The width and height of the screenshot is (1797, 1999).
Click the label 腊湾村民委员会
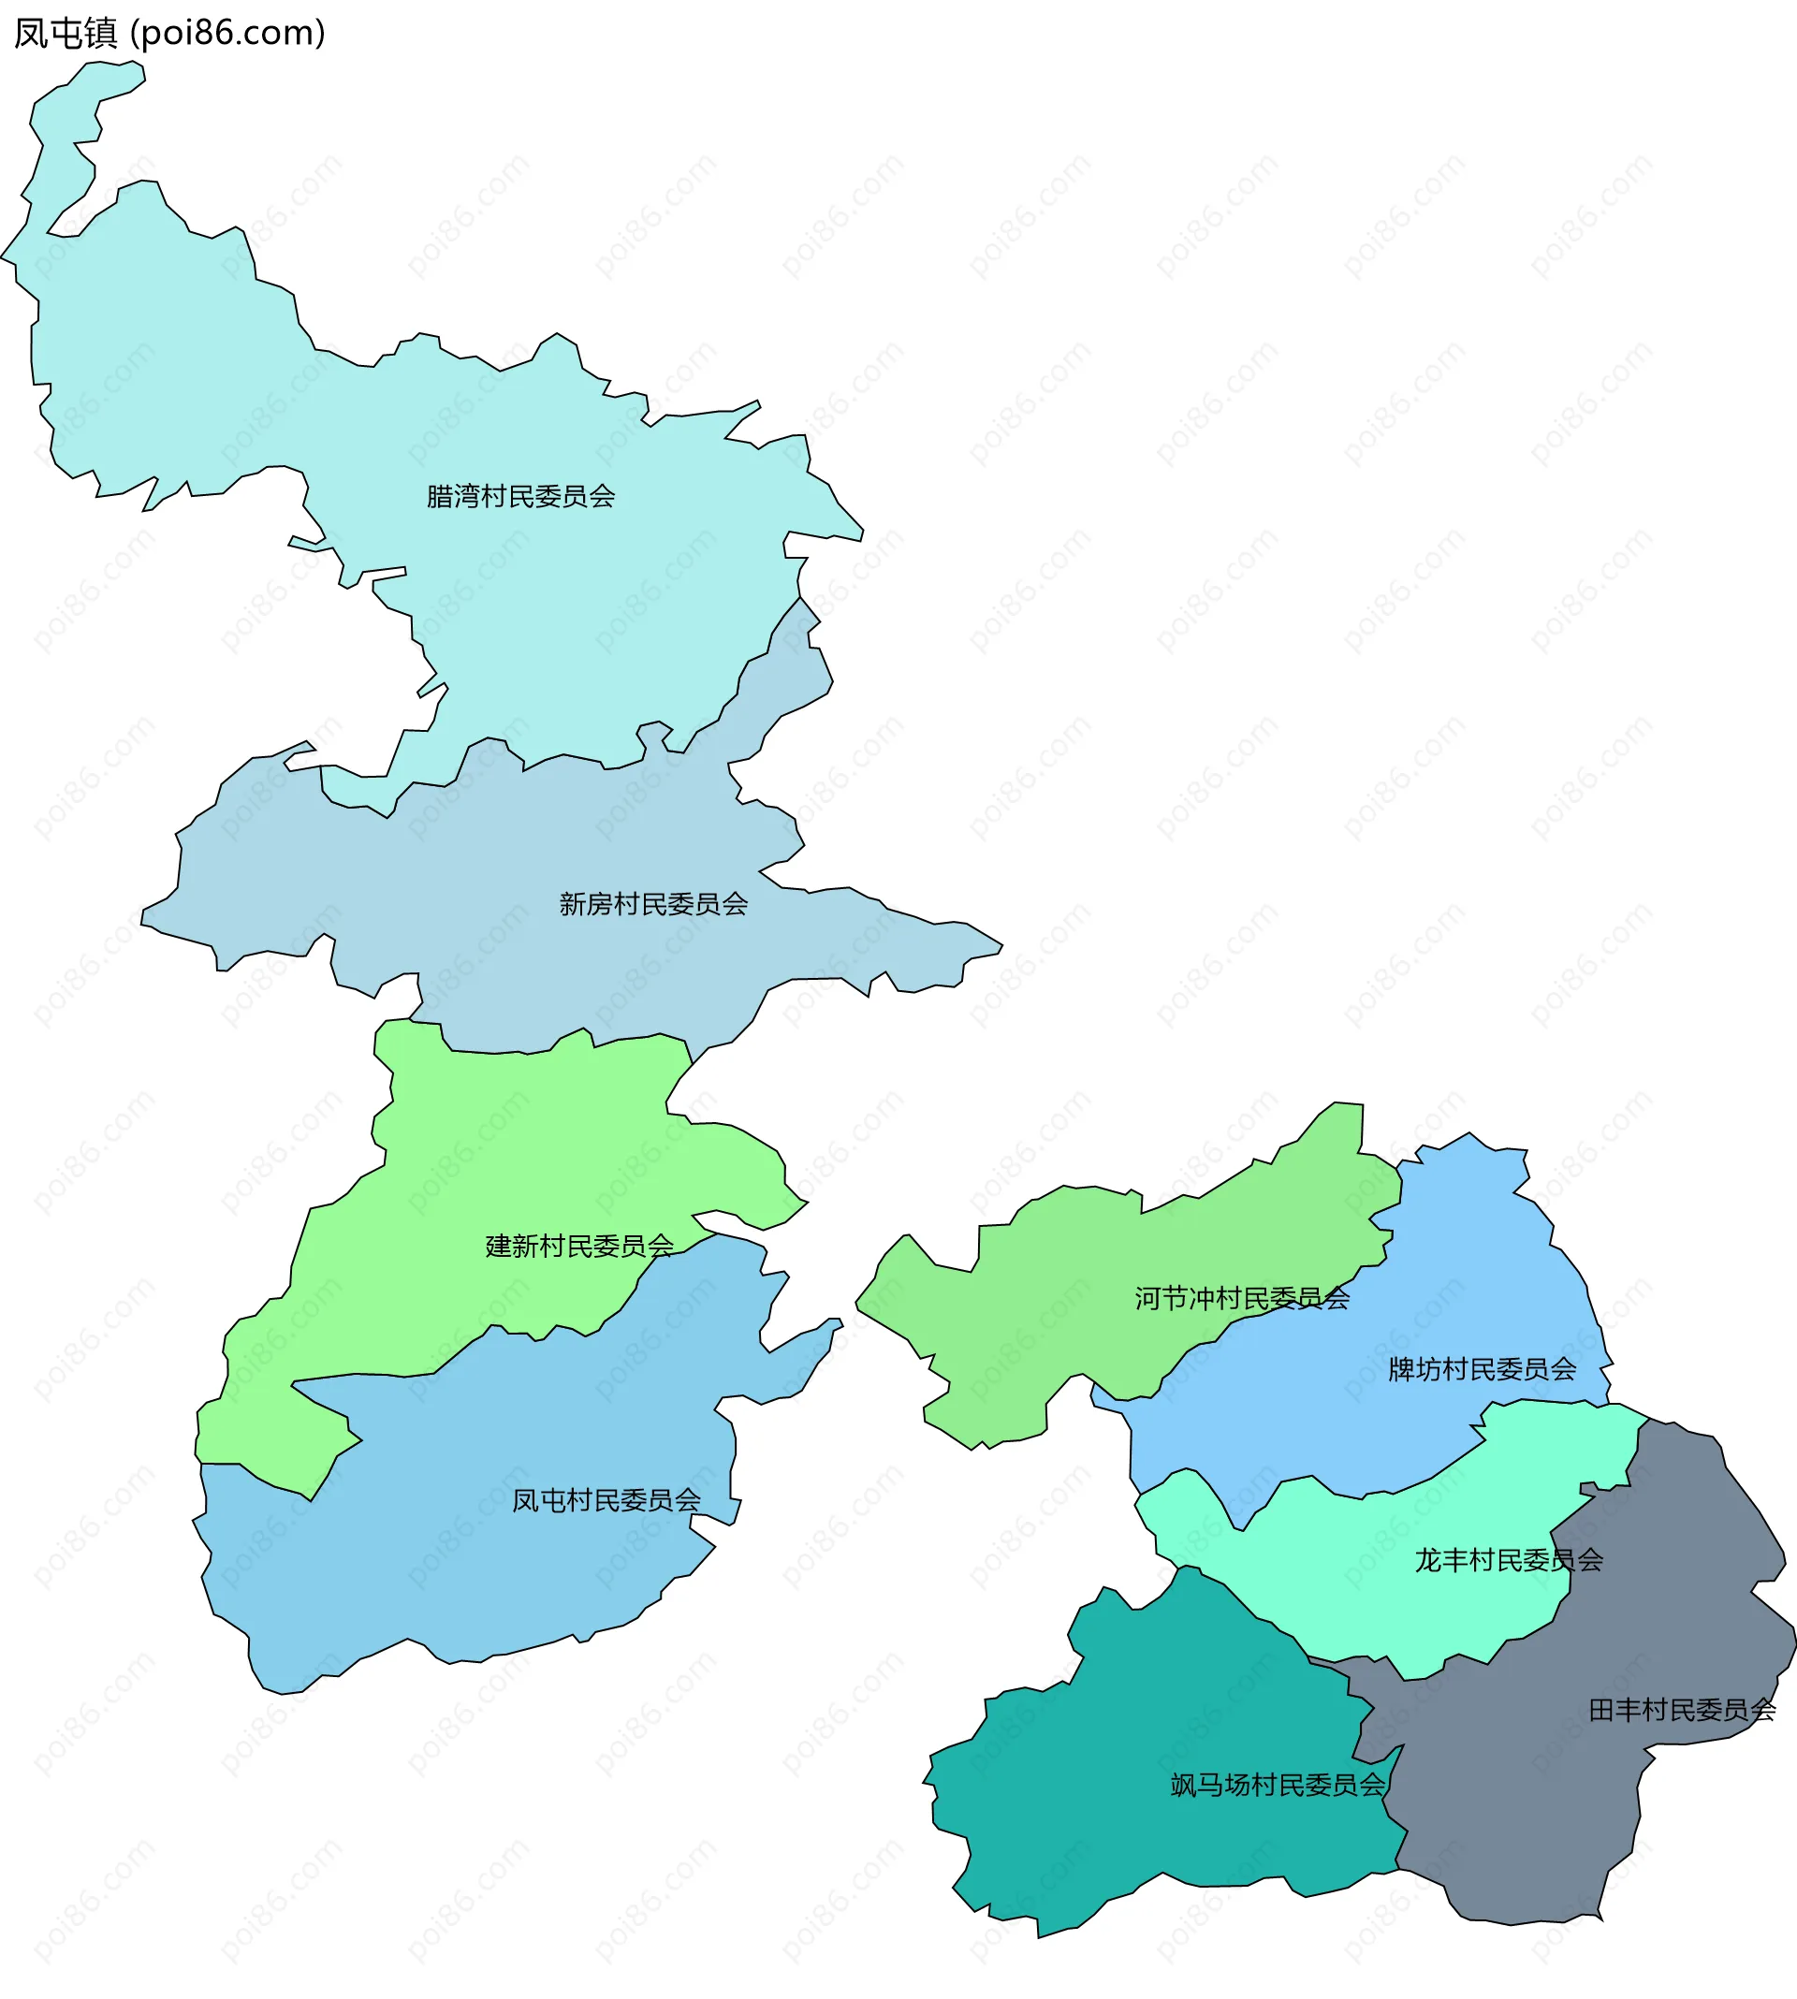point(520,497)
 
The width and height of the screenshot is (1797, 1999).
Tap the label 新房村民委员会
point(652,904)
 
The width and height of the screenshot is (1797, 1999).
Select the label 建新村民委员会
point(579,1247)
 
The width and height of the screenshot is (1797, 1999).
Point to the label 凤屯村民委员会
point(606,1501)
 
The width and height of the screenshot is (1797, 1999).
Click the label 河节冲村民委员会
point(1241,1299)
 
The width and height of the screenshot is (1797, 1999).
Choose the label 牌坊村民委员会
point(1481,1370)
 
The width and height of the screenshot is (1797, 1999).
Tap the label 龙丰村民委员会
point(1508,1561)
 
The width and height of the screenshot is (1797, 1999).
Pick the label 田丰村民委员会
point(1682,1711)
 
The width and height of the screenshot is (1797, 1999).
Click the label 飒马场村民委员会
point(1278,1786)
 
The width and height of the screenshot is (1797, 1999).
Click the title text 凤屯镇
point(66,34)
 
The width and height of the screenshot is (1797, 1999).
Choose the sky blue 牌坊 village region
point(1481,1283)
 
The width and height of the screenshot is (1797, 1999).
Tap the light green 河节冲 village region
point(1037,1303)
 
